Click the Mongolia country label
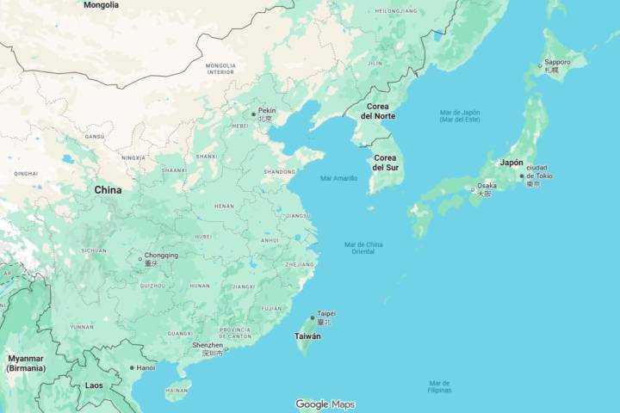(x=102, y=5)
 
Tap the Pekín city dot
(x=253, y=114)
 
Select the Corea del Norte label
(x=378, y=111)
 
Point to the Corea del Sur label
(x=384, y=163)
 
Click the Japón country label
(x=512, y=163)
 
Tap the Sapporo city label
(x=557, y=63)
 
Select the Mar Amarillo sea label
(x=338, y=178)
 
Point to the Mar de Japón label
(x=460, y=116)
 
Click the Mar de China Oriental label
(x=364, y=248)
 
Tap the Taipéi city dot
(x=313, y=317)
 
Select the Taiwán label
(x=308, y=336)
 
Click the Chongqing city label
(x=161, y=256)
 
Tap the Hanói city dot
(x=132, y=368)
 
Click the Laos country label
(x=94, y=385)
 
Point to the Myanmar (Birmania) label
(x=26, y=363)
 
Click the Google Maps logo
(x=325, y=404)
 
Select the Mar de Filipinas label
(x=440, y=386)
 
